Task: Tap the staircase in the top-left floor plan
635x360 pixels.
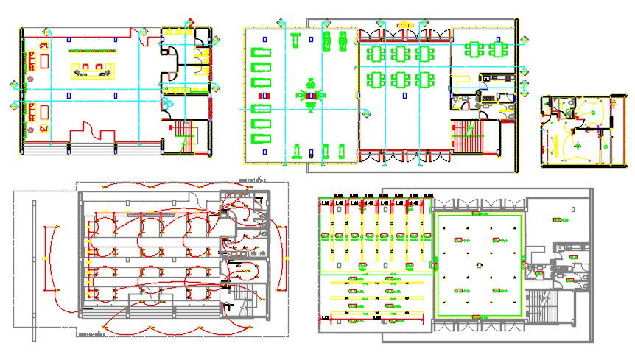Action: (185, 135)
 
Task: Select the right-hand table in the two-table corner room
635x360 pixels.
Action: (499, 50)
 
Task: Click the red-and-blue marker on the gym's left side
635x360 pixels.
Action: (259, 96)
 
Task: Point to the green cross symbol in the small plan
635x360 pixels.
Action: (578, 147)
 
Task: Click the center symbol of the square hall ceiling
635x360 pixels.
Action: (478, 266)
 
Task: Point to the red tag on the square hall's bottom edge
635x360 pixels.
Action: (477, 317)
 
